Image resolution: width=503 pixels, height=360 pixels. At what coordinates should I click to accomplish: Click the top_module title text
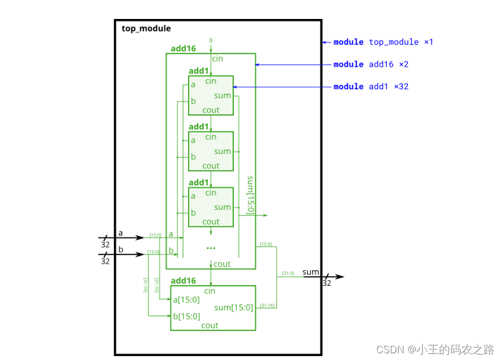click(x=146, y=28)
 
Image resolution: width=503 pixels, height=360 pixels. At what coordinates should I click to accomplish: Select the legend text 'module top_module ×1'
click(x=383, y=42)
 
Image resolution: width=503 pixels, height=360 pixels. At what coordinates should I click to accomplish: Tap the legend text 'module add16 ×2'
click(x=371, y=64)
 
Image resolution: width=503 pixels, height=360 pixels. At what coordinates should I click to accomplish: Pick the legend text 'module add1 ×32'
click(x=371, y=87)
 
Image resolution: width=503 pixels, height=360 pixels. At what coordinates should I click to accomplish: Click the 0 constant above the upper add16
click(x=210, y=40)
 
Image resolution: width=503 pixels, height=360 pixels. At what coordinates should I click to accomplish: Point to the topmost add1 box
click(x=210, y=95)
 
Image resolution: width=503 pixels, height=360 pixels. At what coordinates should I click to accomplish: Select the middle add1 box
click(x=210, y=151)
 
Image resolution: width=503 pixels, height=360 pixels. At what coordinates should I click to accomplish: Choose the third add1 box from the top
click(x=210, y=207)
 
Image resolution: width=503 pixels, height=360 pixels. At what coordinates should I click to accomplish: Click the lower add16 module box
click(x=213, y=308)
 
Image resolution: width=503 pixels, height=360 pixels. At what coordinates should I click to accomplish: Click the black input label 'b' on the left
click(x=120, y=249)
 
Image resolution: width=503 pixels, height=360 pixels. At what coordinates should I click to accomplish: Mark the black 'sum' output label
click(x=311, y=272)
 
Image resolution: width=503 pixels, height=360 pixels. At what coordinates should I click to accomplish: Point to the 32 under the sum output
click(x=327, y=284)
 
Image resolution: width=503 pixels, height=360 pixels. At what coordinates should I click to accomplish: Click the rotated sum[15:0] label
click(x=250, y=195)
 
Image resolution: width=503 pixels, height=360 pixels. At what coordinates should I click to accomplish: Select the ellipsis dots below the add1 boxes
click(x=210, y=247)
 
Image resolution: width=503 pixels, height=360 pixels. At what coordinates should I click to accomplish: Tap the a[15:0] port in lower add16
click(x=186, y=300)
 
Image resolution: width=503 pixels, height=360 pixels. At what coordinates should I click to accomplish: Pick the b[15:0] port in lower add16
click(x=186, y=317)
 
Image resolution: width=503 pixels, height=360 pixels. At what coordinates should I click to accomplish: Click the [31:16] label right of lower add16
click(x=267, y=305)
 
